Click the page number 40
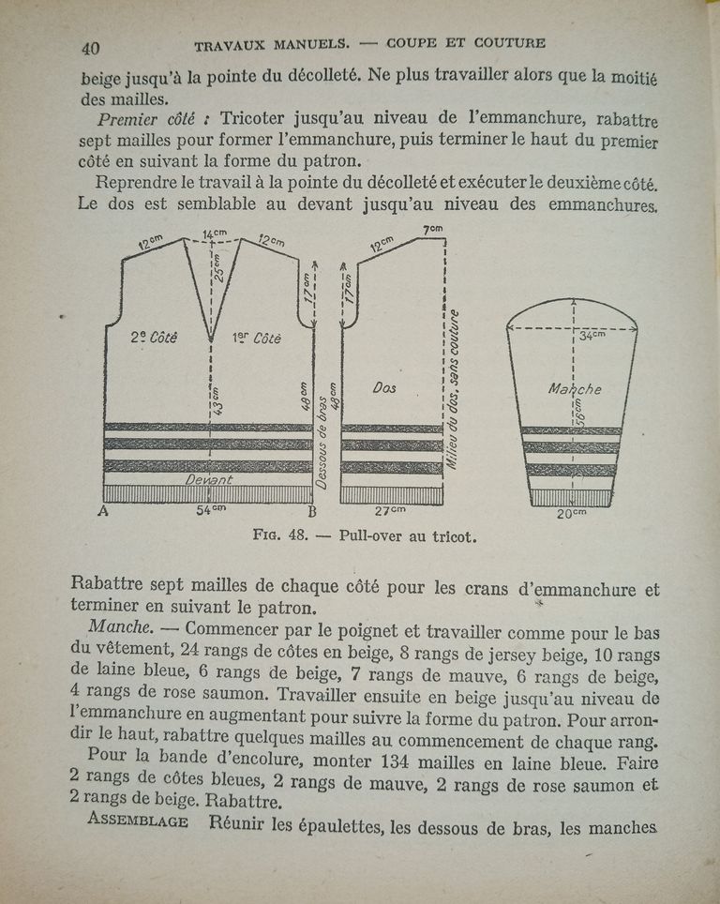(91, 49)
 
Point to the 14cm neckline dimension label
(214, 233)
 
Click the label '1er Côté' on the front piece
(254, 338)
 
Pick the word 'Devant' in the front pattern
(208, 479)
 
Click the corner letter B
(312, 512)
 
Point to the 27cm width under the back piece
(390, 511)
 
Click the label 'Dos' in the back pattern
(385, 385)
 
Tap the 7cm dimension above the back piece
(432, 230)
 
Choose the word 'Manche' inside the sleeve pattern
(574, 388)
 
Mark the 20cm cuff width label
(571, 513)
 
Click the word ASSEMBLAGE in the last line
(138, 822)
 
